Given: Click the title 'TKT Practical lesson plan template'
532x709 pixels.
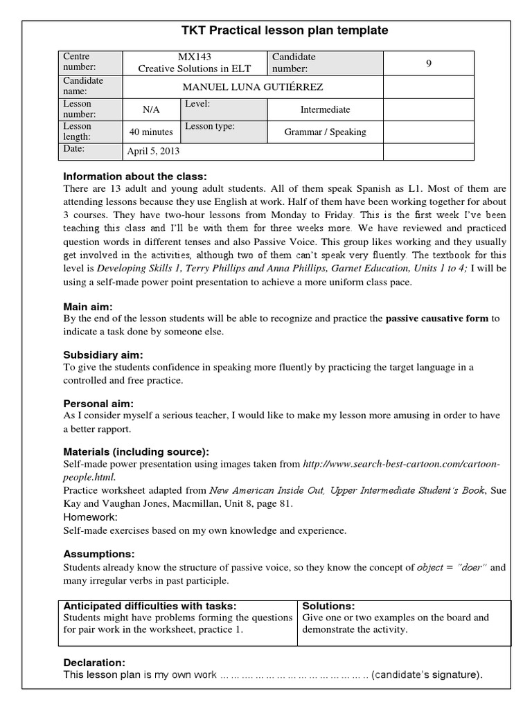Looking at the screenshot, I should (x=285, y=30).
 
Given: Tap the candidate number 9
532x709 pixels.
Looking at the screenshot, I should (x=428, y=63).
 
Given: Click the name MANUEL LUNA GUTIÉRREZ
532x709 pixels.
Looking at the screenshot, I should (x=252, y=87).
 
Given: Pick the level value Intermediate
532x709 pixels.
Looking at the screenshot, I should (x=325, y=109).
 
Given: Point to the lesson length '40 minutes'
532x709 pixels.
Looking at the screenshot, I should (x=151, y=132).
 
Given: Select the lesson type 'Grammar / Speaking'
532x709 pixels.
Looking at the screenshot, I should (x=325, y=132).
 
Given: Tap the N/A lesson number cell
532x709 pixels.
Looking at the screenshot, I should (x=151, y=109).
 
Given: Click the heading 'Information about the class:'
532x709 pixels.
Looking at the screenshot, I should (x=134, y=176).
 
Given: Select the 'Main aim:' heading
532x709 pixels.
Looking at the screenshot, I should (x=88, y=306).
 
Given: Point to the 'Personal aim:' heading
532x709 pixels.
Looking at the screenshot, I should (x=98, y=403).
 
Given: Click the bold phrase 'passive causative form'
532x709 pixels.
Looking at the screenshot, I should (x=437, y=319).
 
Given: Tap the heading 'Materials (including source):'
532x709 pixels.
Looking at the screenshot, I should (x=136, y=451).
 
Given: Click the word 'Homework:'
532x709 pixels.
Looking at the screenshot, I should (x=90, y=517).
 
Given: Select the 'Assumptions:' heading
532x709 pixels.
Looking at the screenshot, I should (x=98, y=554).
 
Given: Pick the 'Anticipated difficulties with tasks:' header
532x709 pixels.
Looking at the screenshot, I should (x=150, y=606).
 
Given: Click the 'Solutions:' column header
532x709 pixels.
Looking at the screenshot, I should (x=328, y=606).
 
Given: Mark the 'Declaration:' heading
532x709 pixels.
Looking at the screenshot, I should (x=94, y=662).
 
